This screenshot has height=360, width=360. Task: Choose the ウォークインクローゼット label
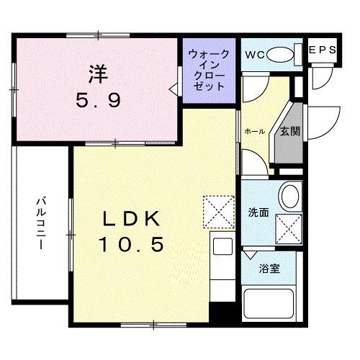tap(208, 70)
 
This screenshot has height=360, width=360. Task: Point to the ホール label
tap(254, 132)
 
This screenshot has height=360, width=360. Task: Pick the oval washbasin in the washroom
tap(290, 196)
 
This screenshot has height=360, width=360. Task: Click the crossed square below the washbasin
tap(290, 228)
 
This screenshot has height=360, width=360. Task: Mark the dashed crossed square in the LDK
tap(218, 211)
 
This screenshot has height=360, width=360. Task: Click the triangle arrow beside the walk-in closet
tap(174, 89)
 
